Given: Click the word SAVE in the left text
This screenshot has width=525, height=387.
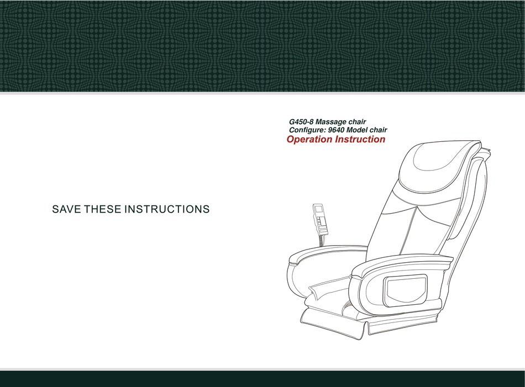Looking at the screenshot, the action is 66,209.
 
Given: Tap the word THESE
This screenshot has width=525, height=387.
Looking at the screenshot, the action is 102,209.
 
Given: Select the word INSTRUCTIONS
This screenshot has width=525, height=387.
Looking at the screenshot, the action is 167,209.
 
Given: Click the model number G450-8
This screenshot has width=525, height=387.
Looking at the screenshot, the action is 301,122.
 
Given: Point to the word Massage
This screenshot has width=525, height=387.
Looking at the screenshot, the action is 331,122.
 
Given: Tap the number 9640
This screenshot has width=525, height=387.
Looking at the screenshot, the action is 336,130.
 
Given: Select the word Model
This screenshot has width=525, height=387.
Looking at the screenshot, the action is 357,130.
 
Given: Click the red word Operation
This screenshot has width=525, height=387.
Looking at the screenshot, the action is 309,140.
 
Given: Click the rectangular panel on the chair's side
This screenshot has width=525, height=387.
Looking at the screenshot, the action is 406,290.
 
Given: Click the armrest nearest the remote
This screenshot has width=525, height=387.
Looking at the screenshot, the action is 327,253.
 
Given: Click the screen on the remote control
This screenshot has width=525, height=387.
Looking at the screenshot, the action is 318,210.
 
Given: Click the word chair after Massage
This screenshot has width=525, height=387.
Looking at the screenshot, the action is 357,122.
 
